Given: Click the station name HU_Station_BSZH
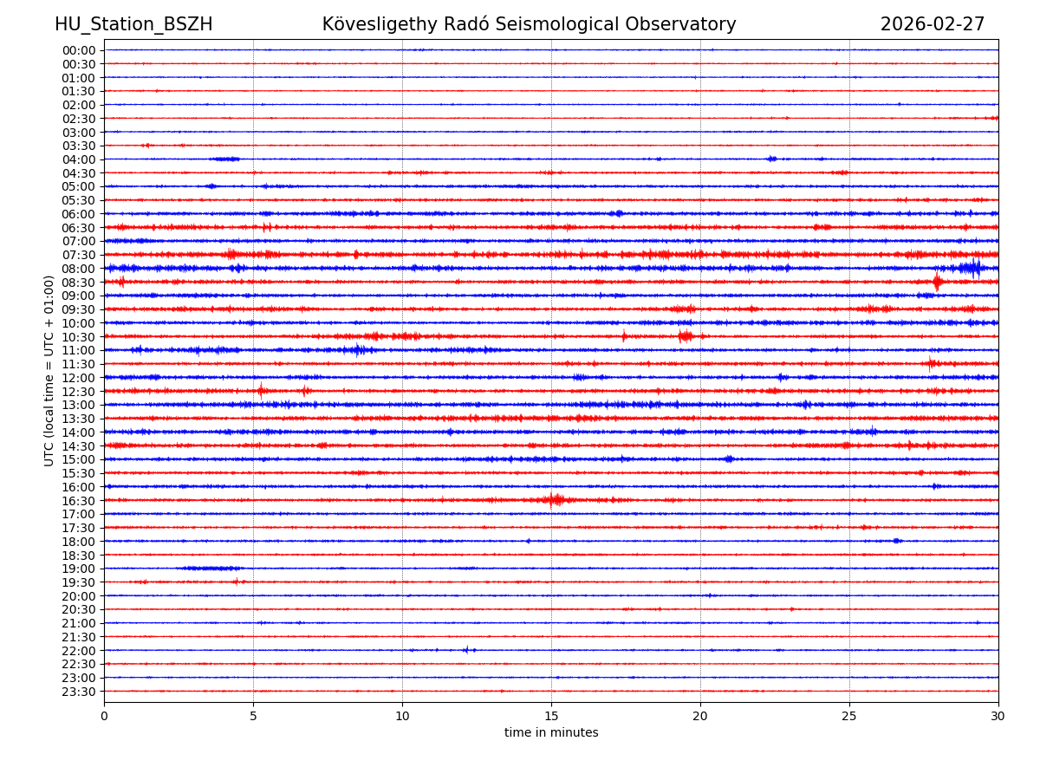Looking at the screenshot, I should [133, 24].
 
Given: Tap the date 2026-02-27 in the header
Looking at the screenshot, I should [933, 24].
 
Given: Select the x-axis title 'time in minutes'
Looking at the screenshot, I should [551, 732].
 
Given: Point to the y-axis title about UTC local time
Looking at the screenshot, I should [49, 370].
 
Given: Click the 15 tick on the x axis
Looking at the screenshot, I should [551, 716].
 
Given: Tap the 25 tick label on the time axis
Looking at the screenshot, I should [849, 716].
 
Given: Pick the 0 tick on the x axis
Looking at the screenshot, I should [104, 716].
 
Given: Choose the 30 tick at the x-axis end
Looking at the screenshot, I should [998, 716].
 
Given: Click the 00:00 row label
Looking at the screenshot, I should [78, 50].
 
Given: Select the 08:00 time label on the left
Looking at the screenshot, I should [78, 269].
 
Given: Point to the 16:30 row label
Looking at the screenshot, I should [78, 501].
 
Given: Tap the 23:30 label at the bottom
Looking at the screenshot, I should [78, 692].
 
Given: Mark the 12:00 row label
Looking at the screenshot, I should [78, 378].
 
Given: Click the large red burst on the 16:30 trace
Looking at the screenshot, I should [556, 499].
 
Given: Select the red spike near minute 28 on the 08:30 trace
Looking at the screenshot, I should [937, 282].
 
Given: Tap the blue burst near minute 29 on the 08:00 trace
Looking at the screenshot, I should [972, 268].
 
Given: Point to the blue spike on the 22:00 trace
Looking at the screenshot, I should [466, 649].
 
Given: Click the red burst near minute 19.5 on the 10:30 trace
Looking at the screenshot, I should [686, 335].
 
